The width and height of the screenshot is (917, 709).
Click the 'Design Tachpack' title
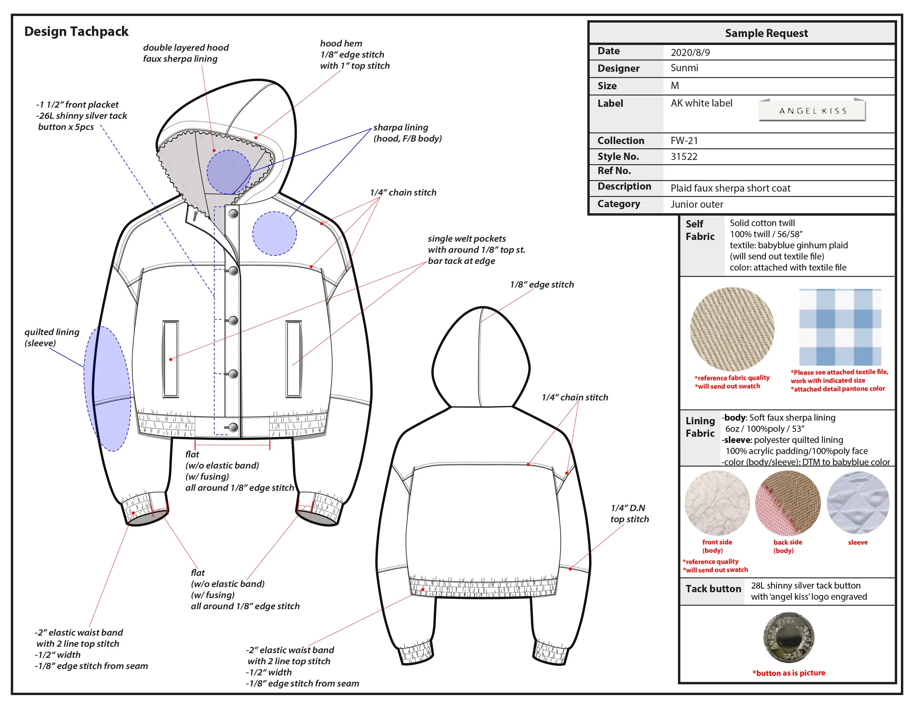pos(76,32)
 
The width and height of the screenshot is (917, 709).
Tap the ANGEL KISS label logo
pos(812,111)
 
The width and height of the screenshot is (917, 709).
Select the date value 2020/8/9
pos(690,52)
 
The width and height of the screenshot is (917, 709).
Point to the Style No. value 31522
pos(684,157)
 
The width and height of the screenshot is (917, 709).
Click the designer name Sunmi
pos(684,68)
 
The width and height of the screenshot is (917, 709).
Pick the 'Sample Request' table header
pos(766,33)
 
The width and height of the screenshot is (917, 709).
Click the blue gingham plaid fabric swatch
pos(840,327)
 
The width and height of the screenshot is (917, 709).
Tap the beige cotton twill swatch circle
pos(732,329)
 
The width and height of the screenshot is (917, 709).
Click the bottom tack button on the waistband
pos(233,428)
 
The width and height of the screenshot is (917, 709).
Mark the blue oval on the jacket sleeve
pos(107,389)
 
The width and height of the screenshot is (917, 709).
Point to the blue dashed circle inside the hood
pos(229,172)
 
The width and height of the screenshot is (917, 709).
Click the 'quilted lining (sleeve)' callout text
pos(52,337)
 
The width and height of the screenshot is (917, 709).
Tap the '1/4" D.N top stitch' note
pos(629,513)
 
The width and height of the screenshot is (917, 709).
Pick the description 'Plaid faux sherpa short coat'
pos(730,188)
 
